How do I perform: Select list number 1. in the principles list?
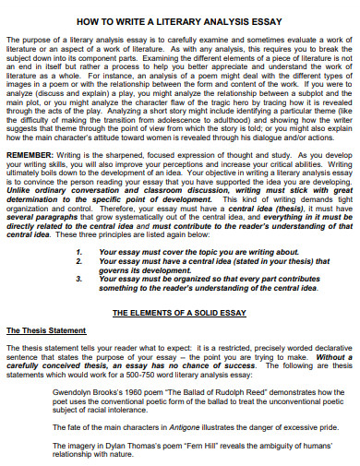coord(80,251)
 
